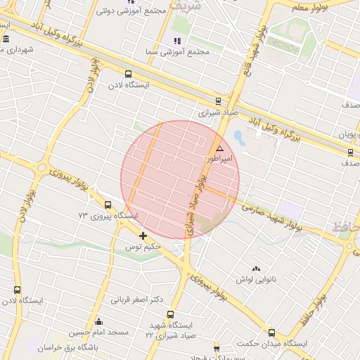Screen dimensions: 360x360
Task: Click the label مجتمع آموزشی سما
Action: point(170,52)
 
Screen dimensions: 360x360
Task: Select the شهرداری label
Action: point(18,50)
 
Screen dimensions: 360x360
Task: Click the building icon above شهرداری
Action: point(6,38)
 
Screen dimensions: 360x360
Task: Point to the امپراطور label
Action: point(217,160)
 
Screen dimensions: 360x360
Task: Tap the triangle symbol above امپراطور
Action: point(219,149)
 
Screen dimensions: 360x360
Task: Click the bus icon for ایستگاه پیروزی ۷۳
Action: point(107,205)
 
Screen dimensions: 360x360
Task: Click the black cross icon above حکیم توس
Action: point(143,236)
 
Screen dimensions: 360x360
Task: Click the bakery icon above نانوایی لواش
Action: point(256,269)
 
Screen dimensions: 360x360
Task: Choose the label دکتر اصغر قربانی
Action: point(137,299)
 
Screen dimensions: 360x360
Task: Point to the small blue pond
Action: point(238,135)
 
